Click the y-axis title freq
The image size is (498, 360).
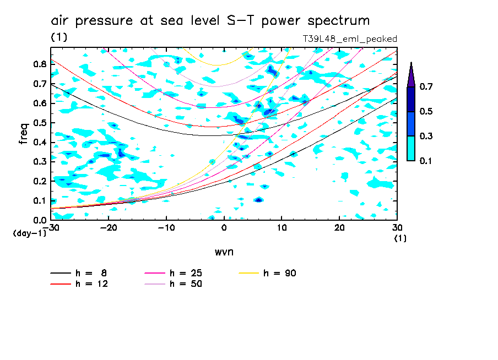[x=24, y=134]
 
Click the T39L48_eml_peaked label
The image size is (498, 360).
[x=350, y=39]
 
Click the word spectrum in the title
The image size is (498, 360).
[x=335, y=21]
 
